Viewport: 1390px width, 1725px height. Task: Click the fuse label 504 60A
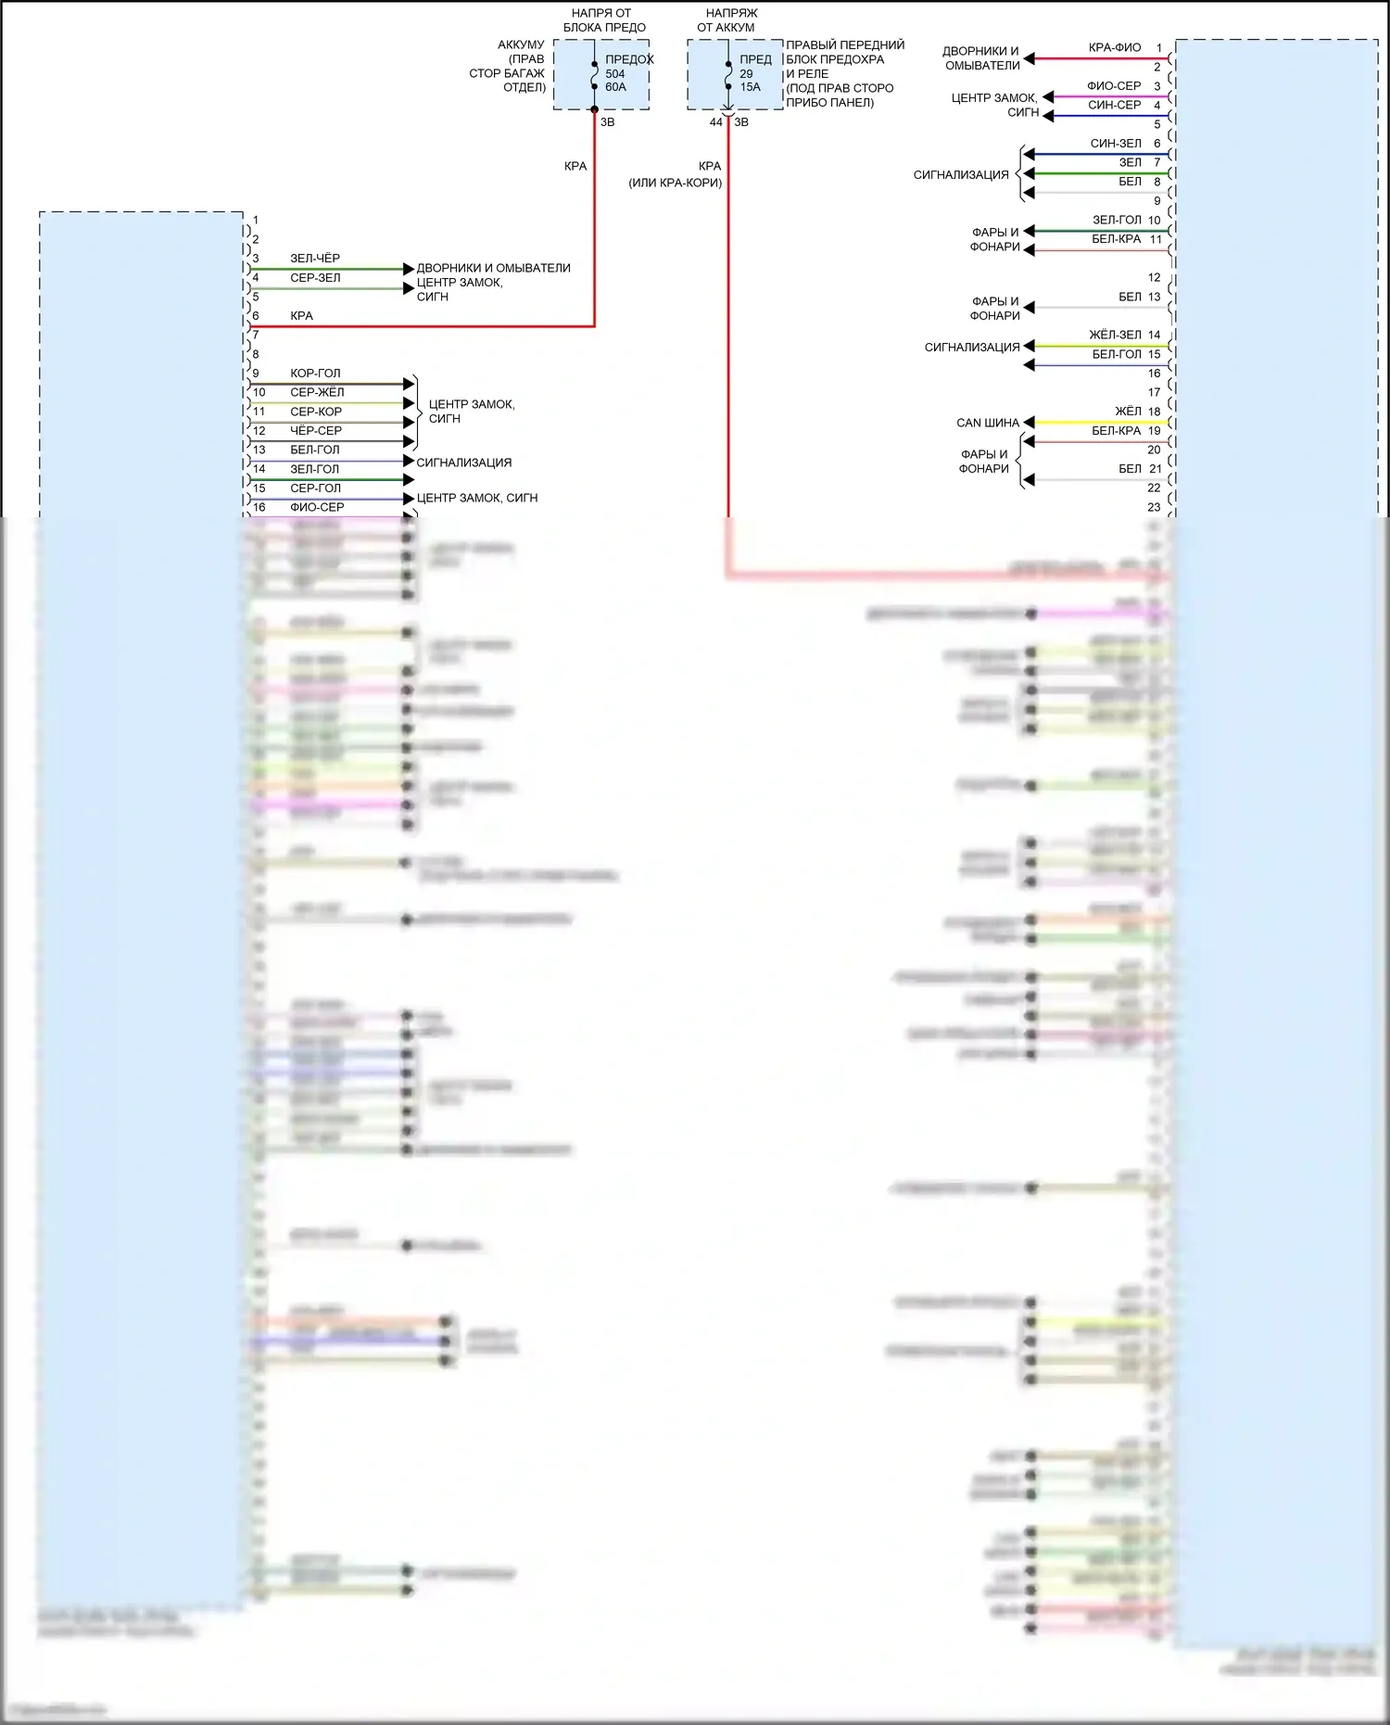click(x=615, y=81)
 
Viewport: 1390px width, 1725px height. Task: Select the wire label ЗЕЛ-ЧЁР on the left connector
click(x=315, y=259)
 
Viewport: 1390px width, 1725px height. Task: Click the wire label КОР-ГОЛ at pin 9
click(x=315, y=374)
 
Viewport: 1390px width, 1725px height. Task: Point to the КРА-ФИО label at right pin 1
click(x=1114, y=48)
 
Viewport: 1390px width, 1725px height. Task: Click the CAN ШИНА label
click(x=987, y=424)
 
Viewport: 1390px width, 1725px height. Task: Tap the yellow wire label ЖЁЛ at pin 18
click(x=1128, y=412)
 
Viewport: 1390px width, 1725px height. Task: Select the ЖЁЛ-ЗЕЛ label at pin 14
click(x=1115, y=336)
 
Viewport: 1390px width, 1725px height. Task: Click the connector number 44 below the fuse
click(x=715, y=122)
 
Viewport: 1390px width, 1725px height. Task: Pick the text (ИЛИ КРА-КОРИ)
click(x=675, y=183)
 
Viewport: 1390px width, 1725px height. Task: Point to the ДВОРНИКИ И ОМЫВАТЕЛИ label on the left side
click(x=493, y=269)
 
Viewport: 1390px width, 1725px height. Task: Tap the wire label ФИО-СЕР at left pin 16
click(x=317, y=508)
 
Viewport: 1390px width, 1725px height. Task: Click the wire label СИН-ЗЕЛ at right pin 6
click(x=1116, y=144)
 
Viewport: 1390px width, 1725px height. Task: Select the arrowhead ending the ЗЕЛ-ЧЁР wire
click(x=409, y=269)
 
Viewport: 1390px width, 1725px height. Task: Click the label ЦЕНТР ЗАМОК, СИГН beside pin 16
click(x=476, y=499)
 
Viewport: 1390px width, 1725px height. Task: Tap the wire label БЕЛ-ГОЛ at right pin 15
click(x=1117, y=355)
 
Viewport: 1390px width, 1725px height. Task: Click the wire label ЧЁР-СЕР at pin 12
click(x=316, y=431)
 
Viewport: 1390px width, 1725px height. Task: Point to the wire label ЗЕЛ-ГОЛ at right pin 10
click(x=1117, y=221)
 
